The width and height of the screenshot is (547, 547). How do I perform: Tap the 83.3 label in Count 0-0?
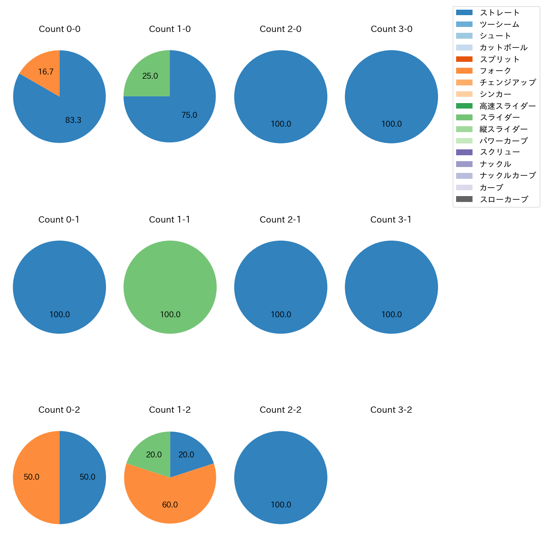[73, 120]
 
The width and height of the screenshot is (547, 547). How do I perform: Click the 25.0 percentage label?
[150, 76]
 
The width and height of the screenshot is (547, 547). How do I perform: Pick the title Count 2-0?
[281, 29]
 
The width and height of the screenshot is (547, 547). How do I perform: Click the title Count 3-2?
[391, 410]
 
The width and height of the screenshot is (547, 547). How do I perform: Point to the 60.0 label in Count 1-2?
[170, 505]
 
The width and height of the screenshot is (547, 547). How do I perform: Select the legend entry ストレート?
[499, 13]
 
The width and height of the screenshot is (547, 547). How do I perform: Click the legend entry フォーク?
[495, 71]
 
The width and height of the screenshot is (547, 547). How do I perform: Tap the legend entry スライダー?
[499, 117]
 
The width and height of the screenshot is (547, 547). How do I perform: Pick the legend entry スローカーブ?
[504, 199]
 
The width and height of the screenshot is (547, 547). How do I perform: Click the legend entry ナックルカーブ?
[507, 175]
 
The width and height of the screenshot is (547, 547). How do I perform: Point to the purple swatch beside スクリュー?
[464, 152]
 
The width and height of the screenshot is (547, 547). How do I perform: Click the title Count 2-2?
[281, 410]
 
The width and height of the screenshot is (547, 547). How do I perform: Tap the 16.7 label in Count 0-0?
[46, 72]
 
